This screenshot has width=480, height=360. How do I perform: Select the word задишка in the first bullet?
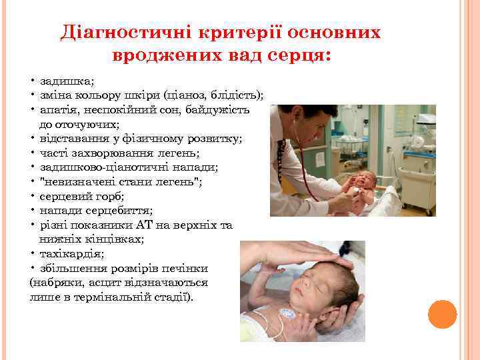67,81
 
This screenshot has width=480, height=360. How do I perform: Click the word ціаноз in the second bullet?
189,95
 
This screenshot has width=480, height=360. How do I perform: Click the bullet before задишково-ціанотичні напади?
32,167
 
